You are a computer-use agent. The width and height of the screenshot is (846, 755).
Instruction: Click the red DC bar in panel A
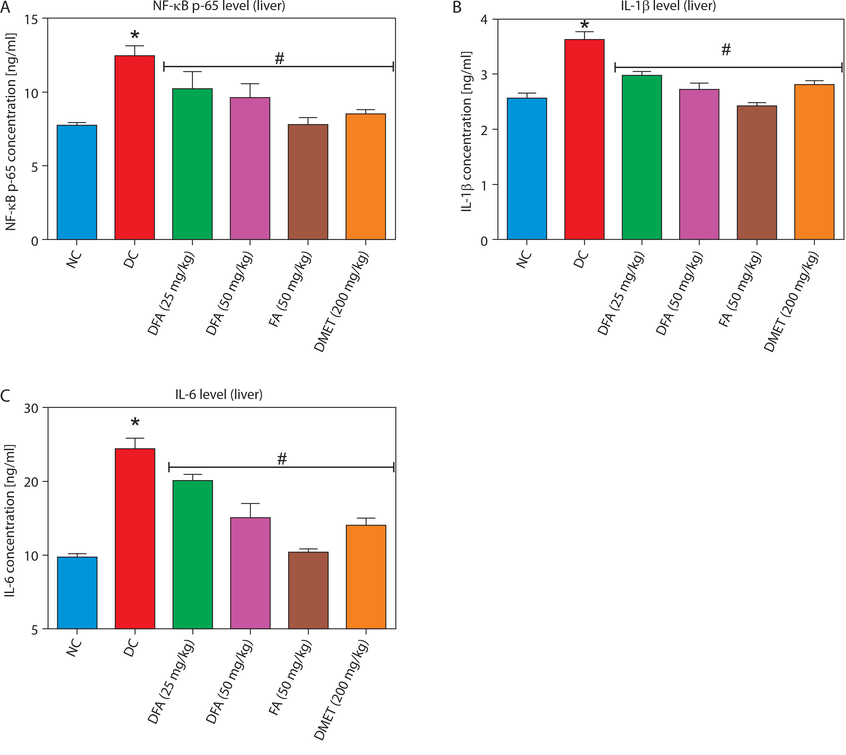click(135, 147)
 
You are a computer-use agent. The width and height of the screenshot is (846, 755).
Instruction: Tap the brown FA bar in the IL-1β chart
click(757, 172)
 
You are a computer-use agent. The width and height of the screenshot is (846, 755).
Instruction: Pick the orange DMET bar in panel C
click(366, 577)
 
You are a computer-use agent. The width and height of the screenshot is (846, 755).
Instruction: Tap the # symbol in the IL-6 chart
click(282, 459)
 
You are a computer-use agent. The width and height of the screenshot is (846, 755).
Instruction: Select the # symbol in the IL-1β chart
click(726, 50)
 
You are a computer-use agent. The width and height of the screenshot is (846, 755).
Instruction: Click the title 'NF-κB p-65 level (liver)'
click(219, 6)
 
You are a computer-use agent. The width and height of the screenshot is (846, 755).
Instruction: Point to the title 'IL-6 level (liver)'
click(219, 394)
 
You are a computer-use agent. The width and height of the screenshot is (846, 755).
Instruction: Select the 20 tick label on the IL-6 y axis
click(31, 482)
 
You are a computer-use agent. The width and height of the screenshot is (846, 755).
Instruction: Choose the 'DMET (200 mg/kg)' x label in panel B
click(791, 303)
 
